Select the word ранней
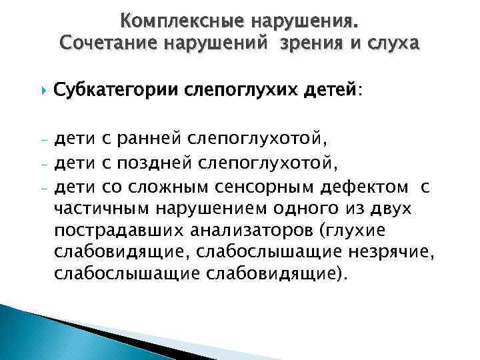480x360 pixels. point(151,141)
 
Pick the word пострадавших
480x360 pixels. point(119,231)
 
